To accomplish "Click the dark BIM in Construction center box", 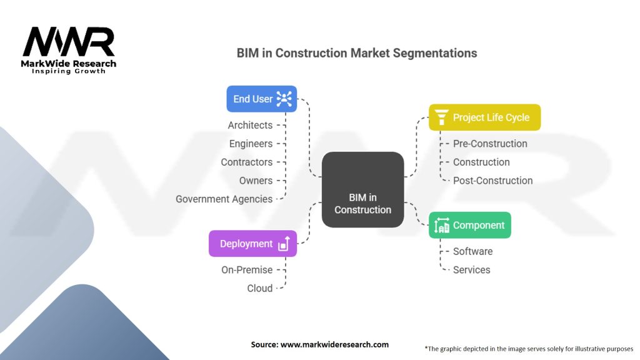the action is coord(363,189).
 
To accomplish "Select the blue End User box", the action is coord(262,99).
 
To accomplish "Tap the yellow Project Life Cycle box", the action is coord(484,117).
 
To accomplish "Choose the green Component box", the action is coord(470,225).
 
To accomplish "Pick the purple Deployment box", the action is coord(252,244).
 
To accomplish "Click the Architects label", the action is coord(250,125).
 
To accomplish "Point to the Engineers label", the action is coord(251,144).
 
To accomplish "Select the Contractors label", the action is coord(246,162).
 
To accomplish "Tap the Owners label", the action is coord(256,181).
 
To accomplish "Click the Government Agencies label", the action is coord(224,199).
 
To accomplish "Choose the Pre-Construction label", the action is coord(490,144).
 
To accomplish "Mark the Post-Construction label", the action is coord(492,181).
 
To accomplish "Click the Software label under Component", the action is coord(472,251).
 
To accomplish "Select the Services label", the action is coord(471,270).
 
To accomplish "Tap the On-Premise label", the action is coord(247,270).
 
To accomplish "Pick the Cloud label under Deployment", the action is coord(259,288).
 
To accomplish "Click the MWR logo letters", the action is coord(69,42).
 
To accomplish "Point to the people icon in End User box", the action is coord(284,99).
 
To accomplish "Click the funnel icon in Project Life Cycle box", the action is coord(441,117).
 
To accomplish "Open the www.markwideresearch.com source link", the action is coord(334,344).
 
